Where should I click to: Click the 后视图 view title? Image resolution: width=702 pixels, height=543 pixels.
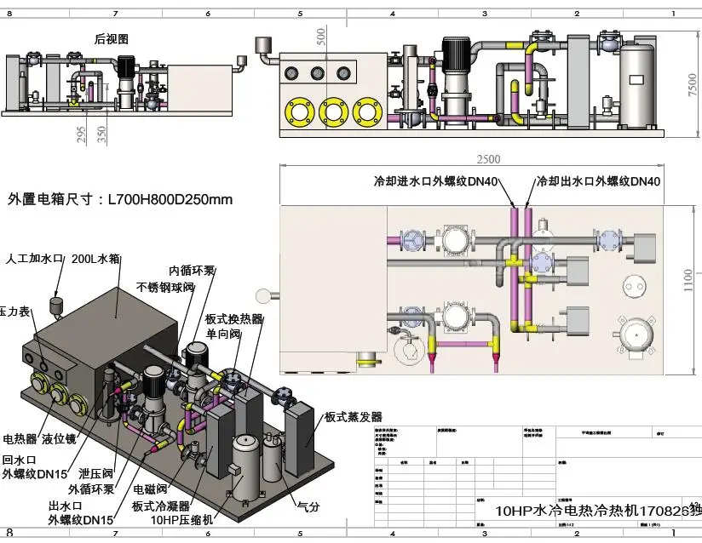(111, 39)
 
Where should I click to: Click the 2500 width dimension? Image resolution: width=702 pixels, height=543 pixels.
(488, 159)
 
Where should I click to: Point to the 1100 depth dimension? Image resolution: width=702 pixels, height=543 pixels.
(688, 281)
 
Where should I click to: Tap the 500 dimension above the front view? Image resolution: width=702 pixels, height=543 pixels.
(320, 36)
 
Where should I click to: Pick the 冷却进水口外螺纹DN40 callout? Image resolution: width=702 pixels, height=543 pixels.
(435, 181)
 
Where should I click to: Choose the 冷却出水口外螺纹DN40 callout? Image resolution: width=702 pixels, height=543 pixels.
(598, 181)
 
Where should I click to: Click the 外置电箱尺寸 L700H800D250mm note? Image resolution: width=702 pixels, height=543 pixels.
(119, 200)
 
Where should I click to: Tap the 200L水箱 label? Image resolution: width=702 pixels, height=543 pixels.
(95, 258)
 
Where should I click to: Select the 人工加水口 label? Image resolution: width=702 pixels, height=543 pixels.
(35, 258)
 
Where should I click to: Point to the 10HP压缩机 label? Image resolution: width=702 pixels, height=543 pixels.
(180, 518)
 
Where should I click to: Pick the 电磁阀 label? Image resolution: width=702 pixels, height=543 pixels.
(149, 490)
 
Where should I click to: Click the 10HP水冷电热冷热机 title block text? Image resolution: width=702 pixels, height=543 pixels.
(597, 511)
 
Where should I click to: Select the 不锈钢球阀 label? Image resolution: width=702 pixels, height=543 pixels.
(165, 287)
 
